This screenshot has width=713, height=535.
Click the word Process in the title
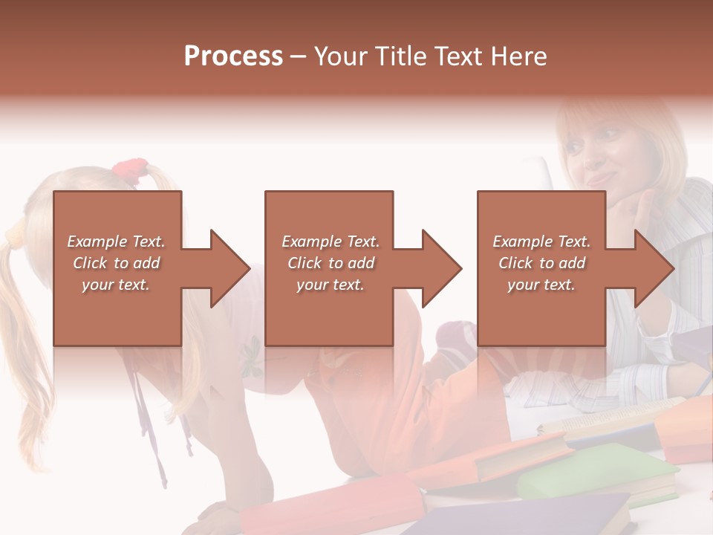click(x=233, y=56)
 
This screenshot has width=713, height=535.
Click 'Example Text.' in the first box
click(x=116, y=241)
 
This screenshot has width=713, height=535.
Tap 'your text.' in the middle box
click(x=330, y=285)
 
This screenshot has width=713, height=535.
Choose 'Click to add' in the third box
click(x=541, y=263)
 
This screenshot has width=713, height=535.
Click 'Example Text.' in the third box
click(x=541, y=241)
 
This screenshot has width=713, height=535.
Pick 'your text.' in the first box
click(x=116, y=285)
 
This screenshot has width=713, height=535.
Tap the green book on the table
click(x=594, y=473)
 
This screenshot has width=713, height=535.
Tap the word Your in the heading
click(x=339, y=56)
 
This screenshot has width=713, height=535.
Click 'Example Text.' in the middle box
click(x=330, y=241)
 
